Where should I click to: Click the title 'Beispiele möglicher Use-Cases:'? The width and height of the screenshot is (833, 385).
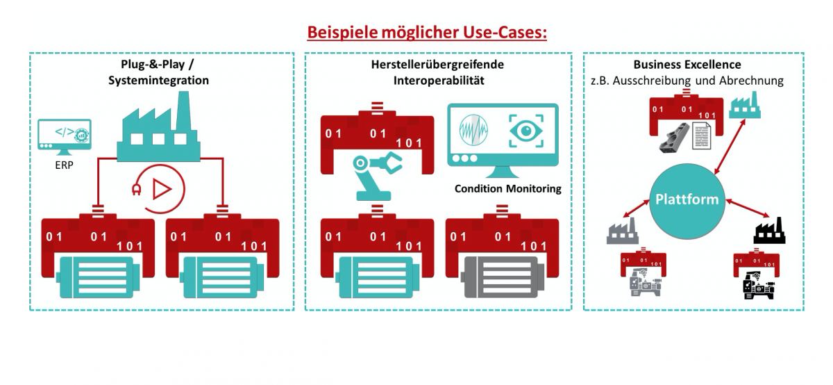427,33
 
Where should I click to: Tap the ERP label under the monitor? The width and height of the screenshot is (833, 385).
65,167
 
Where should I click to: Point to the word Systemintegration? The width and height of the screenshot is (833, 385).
158,80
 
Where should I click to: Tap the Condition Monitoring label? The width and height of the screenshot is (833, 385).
507,188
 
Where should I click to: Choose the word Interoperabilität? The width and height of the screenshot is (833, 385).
437,80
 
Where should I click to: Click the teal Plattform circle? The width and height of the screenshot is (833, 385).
687,199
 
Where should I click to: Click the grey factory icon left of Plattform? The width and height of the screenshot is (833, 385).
620,231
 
